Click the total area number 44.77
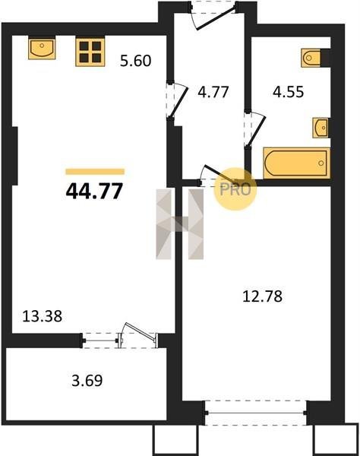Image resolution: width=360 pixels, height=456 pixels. [x=94, y=192]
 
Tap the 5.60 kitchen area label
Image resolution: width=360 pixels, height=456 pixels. [x=136, y=61]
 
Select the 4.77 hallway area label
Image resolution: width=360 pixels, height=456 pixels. [x=213, y=92]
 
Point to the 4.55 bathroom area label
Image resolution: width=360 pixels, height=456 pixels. [x=289, y=92]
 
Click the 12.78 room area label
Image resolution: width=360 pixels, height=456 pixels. [x=262, y=296]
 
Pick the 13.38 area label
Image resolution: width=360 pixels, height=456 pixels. [x=42, y=316]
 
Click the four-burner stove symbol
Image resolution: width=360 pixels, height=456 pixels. [x=90, y=52]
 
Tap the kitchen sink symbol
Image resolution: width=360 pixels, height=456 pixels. [x=42, y=48]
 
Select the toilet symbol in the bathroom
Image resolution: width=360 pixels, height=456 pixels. [x=311, y=58]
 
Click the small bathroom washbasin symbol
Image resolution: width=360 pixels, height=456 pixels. [x=321, y=128]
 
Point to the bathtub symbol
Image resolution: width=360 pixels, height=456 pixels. [x=297, y=163]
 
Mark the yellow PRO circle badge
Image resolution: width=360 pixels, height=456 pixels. [x=235, y=189]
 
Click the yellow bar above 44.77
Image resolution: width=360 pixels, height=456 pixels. [x=95, y=172]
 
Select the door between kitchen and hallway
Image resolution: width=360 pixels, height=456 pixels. [x=175, y=100]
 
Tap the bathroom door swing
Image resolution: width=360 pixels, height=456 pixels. [x=255, y=130]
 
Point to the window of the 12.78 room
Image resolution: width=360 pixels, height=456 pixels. [x=255, y=413]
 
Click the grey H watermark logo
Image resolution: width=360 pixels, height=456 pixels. [x=179, y=224]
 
